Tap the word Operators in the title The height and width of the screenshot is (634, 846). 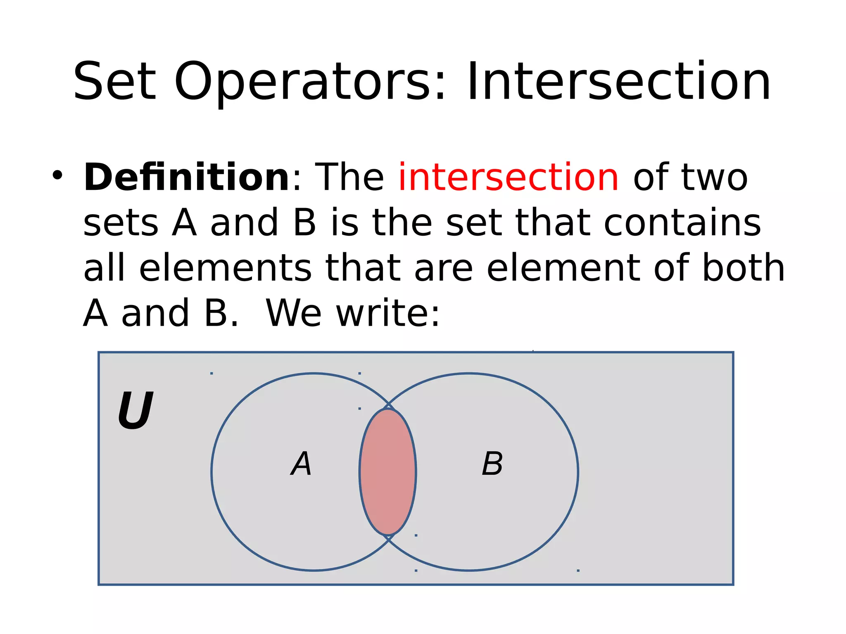[310, 81]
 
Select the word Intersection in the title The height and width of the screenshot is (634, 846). [618, 81]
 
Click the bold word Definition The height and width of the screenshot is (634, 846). [187, 177]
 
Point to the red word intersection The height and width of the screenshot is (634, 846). [509, 177]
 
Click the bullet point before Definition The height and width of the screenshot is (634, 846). [57, 175]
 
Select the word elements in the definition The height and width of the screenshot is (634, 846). [225, 268]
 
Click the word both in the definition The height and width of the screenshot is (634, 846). [744, 268]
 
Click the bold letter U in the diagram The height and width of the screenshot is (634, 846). [135, 410]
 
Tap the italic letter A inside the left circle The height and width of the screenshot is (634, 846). [301, 464]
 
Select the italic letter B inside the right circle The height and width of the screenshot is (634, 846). [492, 464]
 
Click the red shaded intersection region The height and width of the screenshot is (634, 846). [387, 472]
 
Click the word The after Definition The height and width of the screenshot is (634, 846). [349, 177]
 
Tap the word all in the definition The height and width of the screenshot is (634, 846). [104, 268]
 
